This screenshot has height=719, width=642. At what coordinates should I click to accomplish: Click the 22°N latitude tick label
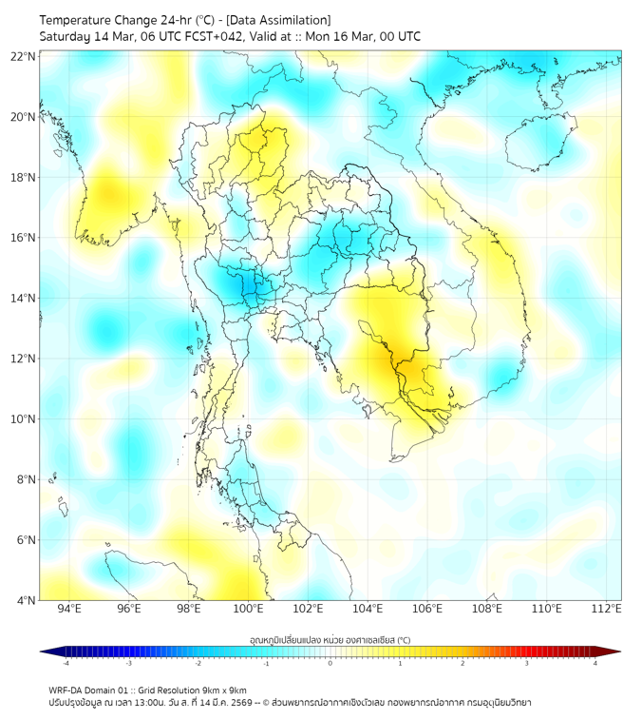click(24, 56)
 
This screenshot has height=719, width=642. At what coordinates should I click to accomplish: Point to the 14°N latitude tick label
click(24, 299)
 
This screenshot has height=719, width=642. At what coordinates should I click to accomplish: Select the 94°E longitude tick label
click(69, 609)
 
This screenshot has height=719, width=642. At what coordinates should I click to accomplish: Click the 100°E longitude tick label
click(249, 609)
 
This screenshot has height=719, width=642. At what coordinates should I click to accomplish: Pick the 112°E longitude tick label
click(607, 609)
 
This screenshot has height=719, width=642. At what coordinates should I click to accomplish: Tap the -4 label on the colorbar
click(66, 664)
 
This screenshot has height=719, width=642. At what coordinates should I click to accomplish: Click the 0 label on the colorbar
click(330, 664)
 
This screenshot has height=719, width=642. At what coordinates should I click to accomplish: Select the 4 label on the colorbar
click(595, 664)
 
